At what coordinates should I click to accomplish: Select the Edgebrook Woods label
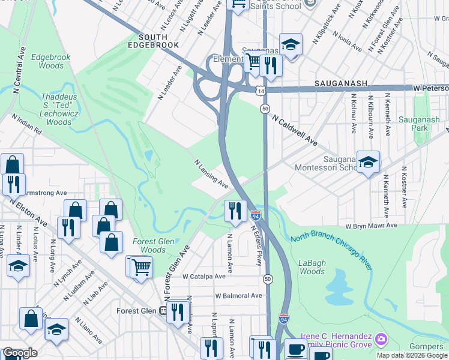coord(51,61)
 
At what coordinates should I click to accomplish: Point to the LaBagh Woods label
coord(312,267)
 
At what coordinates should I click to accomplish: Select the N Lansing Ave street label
coord(210,173)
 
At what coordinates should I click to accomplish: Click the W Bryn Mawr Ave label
coord(371,226)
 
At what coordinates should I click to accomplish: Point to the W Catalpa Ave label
coord(204,277)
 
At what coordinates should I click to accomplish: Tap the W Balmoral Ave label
coord(238,296)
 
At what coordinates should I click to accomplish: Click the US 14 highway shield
coord(259,91)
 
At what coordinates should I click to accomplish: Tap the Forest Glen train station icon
coord(163,311)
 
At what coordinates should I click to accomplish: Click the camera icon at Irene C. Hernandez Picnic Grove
coord(380,340)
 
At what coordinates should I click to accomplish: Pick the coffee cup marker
coord(294,348)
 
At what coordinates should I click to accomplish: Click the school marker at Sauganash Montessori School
coord(368,161)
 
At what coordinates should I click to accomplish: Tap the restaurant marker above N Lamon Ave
coord(235,211)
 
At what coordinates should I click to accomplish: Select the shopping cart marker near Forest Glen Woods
coord(141,266)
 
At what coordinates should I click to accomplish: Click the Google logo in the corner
coord(19,353)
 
